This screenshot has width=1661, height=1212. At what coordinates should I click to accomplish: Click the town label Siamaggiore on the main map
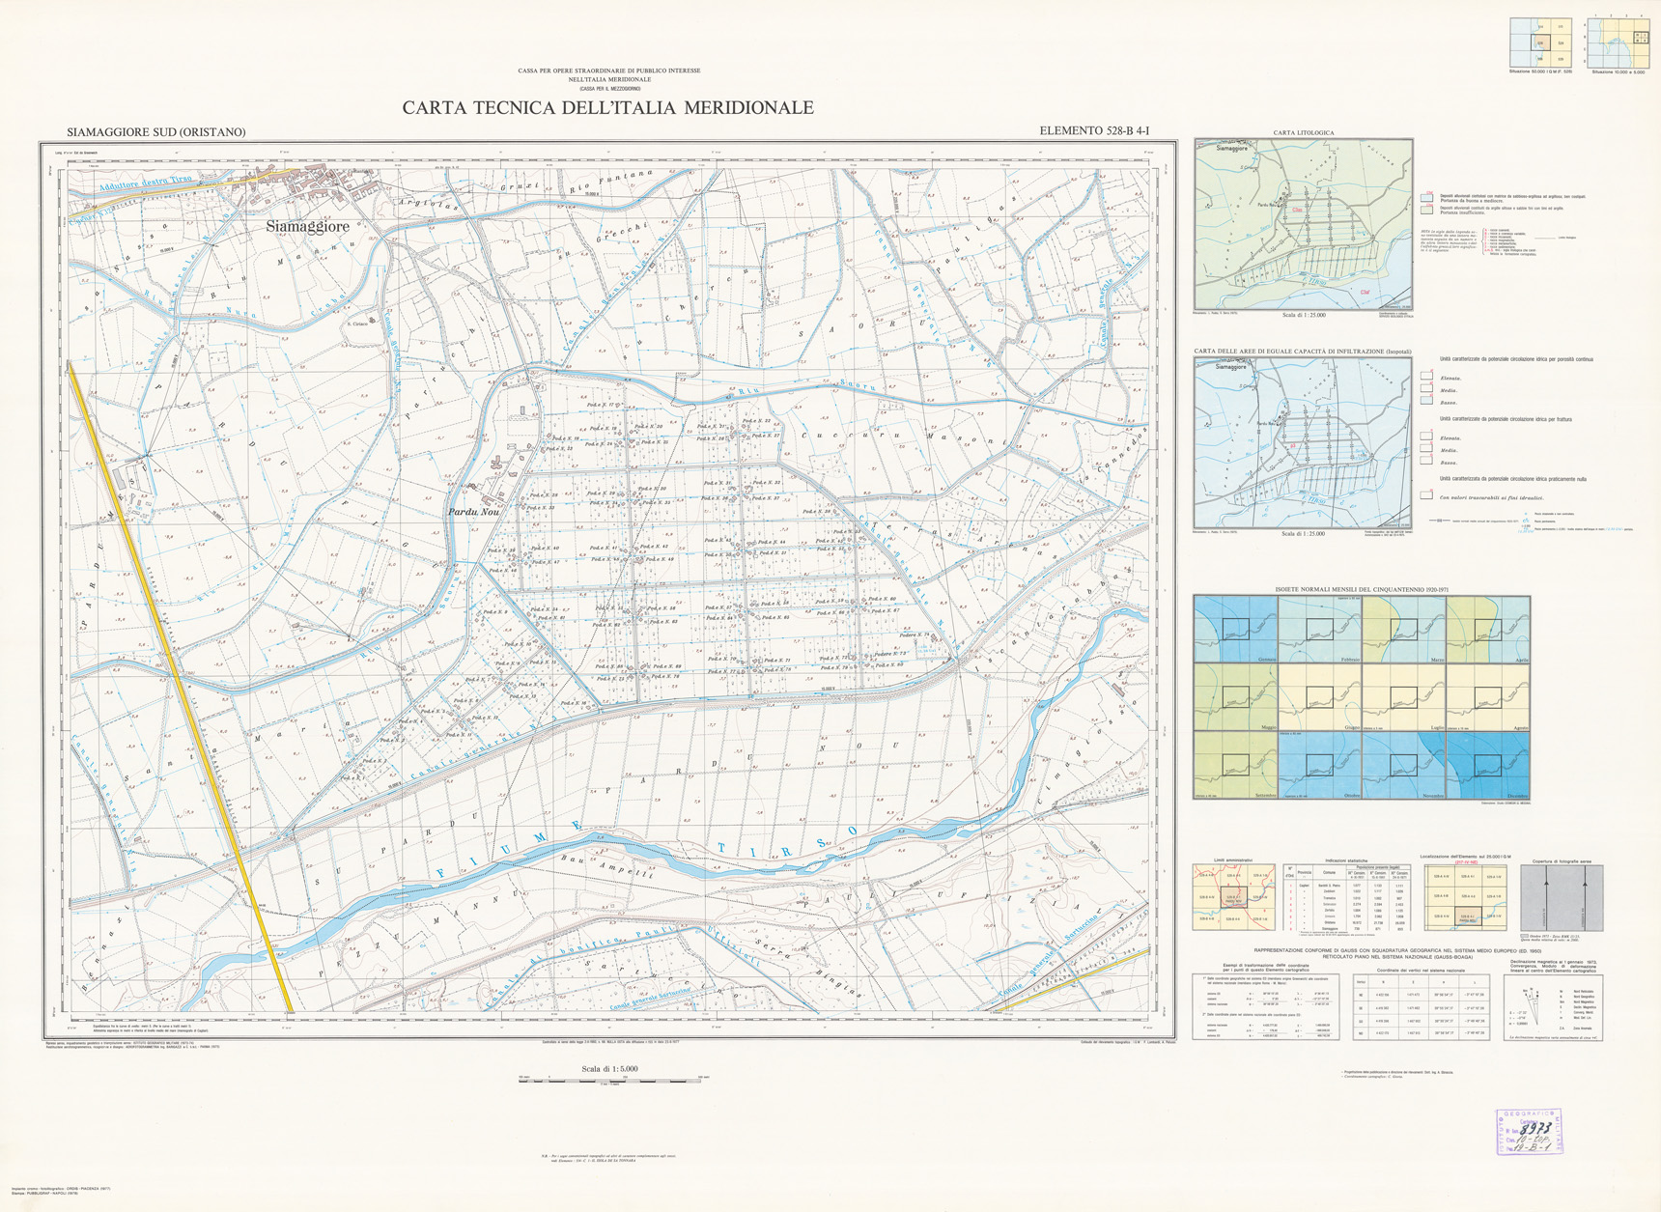pyautogui.click(x=307, y=227)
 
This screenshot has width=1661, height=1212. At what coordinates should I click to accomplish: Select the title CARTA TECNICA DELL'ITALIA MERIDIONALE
pyautogui.click(x=607, y=108)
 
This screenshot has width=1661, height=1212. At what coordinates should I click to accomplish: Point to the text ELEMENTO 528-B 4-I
pyautogui.click(x=1094, y=131)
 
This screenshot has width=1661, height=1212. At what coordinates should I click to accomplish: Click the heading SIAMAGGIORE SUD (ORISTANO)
pyautogui.click(x=156, y=132)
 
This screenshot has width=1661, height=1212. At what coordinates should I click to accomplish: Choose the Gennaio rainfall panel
pyautogui.click(x=1235, y=629)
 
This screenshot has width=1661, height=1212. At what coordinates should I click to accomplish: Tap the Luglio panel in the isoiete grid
pyautogui.click(x=1403, y=696)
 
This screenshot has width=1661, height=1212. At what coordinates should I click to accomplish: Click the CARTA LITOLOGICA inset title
pyautogui.click(x=1303, y=132)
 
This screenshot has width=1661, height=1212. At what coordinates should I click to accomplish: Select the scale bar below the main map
pyautogui.click(x=608, y=1078)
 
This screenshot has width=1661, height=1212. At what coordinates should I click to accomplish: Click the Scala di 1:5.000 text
pyautogui.click(x=608, y=1068)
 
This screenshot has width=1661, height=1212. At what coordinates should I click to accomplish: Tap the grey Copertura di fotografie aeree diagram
pyautogui.click(x=1561, y=897)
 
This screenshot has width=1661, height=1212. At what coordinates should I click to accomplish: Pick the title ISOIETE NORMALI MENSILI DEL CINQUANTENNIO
pyautogui.click(x=1362, y=589)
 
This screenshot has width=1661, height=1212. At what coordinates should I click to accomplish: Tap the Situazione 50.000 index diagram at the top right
pyautogui.click(x=1540, y=42)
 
